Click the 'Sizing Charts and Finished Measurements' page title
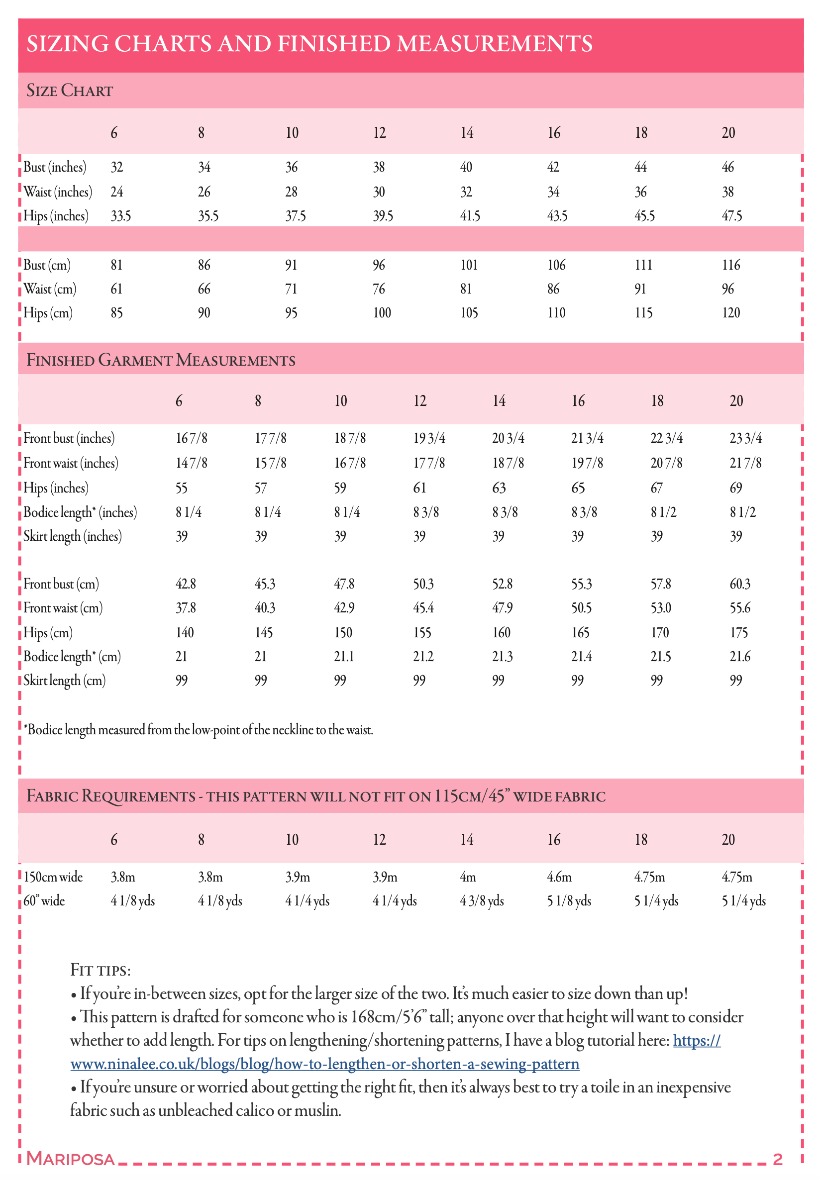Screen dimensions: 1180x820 pos(309,44)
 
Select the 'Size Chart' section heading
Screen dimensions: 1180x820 pos(69,91)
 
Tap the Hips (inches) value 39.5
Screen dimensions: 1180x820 pos(383,216)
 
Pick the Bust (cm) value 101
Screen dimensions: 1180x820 pos(469,265)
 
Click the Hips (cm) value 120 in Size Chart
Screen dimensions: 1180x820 pos(730,313)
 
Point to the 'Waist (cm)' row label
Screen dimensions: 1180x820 pos(50,289)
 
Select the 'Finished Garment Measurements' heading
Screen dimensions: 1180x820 pos(161,360)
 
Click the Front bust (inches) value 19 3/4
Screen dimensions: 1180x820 pos(429,438)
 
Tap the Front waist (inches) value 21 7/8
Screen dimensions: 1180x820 pos(745,463)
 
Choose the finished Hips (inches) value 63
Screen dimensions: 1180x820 pos(499,488)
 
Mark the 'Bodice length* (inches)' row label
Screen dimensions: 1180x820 pos(80,512)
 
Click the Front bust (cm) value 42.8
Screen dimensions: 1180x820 pos(186,584)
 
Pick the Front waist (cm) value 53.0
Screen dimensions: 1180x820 pos(661,608)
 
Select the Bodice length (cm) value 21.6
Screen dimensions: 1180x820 pos(740,657)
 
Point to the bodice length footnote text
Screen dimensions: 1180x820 pos(199,730)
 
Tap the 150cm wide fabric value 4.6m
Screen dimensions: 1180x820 pos(559,877)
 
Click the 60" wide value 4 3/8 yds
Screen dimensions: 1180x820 pos(482,901)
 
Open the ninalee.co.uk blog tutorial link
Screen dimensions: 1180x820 pos(325,1064)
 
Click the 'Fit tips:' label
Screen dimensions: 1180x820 pos(101,970)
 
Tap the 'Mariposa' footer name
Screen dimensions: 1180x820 pos(70,1159)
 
